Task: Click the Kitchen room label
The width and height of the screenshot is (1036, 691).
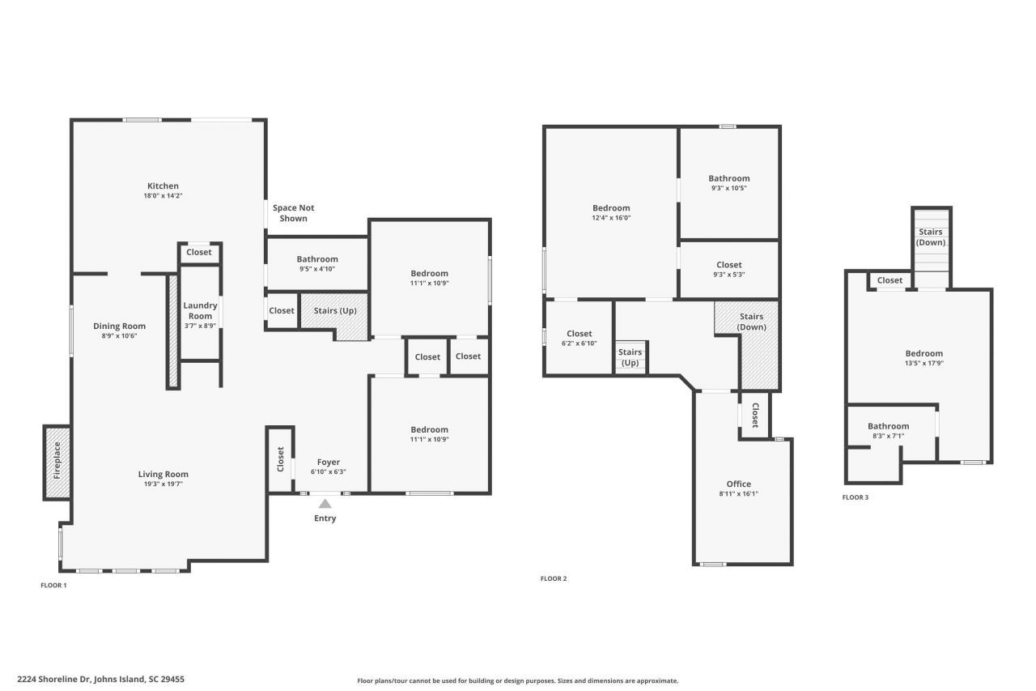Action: [x=163, y=186]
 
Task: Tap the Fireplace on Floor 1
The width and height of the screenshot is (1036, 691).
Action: [x=57, y=460]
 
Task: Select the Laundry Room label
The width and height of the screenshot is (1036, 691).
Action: [x=200, y=310]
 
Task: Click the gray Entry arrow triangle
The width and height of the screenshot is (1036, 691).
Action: [x=325, y=504]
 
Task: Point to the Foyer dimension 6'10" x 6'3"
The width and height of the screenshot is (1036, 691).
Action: [x=328, y=472]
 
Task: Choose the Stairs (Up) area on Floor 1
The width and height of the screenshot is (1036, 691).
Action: [x=334, y=311]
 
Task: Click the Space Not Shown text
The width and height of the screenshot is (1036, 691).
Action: [x=293, y=213]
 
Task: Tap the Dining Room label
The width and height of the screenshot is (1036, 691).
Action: [x=119, y=326]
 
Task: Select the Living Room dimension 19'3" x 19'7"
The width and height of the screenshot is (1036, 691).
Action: [x=163, y=484]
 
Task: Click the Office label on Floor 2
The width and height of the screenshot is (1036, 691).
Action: [x=738, y=484]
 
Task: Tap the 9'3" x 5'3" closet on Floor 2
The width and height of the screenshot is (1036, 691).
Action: [x=728, y=270]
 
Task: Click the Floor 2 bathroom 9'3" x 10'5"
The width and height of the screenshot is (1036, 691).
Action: [x=728, y=183]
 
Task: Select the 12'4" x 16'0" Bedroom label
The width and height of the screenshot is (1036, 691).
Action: [x=610, y=208]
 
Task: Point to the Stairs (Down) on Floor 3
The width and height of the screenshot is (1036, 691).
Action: [x=931, y=237]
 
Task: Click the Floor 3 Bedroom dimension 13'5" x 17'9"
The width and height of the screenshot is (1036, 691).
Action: [x=923, y=364]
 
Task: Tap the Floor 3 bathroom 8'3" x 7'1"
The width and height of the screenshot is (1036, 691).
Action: [x=888, y=431]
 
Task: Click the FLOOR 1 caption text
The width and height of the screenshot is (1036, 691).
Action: [x=53, y=585]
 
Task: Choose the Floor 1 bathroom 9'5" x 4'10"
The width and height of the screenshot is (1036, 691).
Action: [x=316, y=264]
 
